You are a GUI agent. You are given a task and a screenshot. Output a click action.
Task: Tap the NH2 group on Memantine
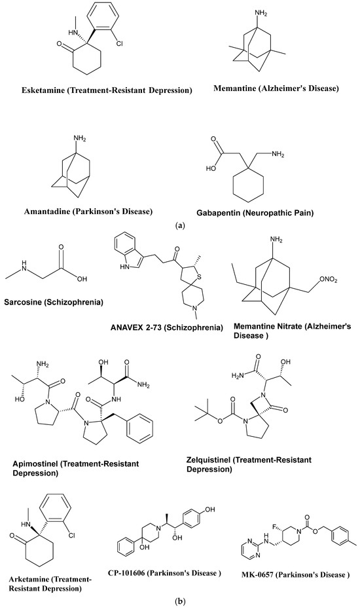(x=261, y=14)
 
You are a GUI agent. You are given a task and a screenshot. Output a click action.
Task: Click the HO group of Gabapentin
(x=211, y=168)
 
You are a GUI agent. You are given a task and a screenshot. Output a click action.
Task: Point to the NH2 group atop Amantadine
(x=80, y=138)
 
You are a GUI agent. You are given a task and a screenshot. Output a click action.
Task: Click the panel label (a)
(x=180, y=225)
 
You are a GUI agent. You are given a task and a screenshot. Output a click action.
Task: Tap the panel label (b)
(x=180, y=602)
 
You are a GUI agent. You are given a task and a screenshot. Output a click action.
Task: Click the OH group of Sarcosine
(x=82, y=279)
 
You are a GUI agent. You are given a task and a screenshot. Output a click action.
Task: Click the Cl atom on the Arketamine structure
(x=72, y=536)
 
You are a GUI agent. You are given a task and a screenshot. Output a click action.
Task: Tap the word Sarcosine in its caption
(x=22, y=302)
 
